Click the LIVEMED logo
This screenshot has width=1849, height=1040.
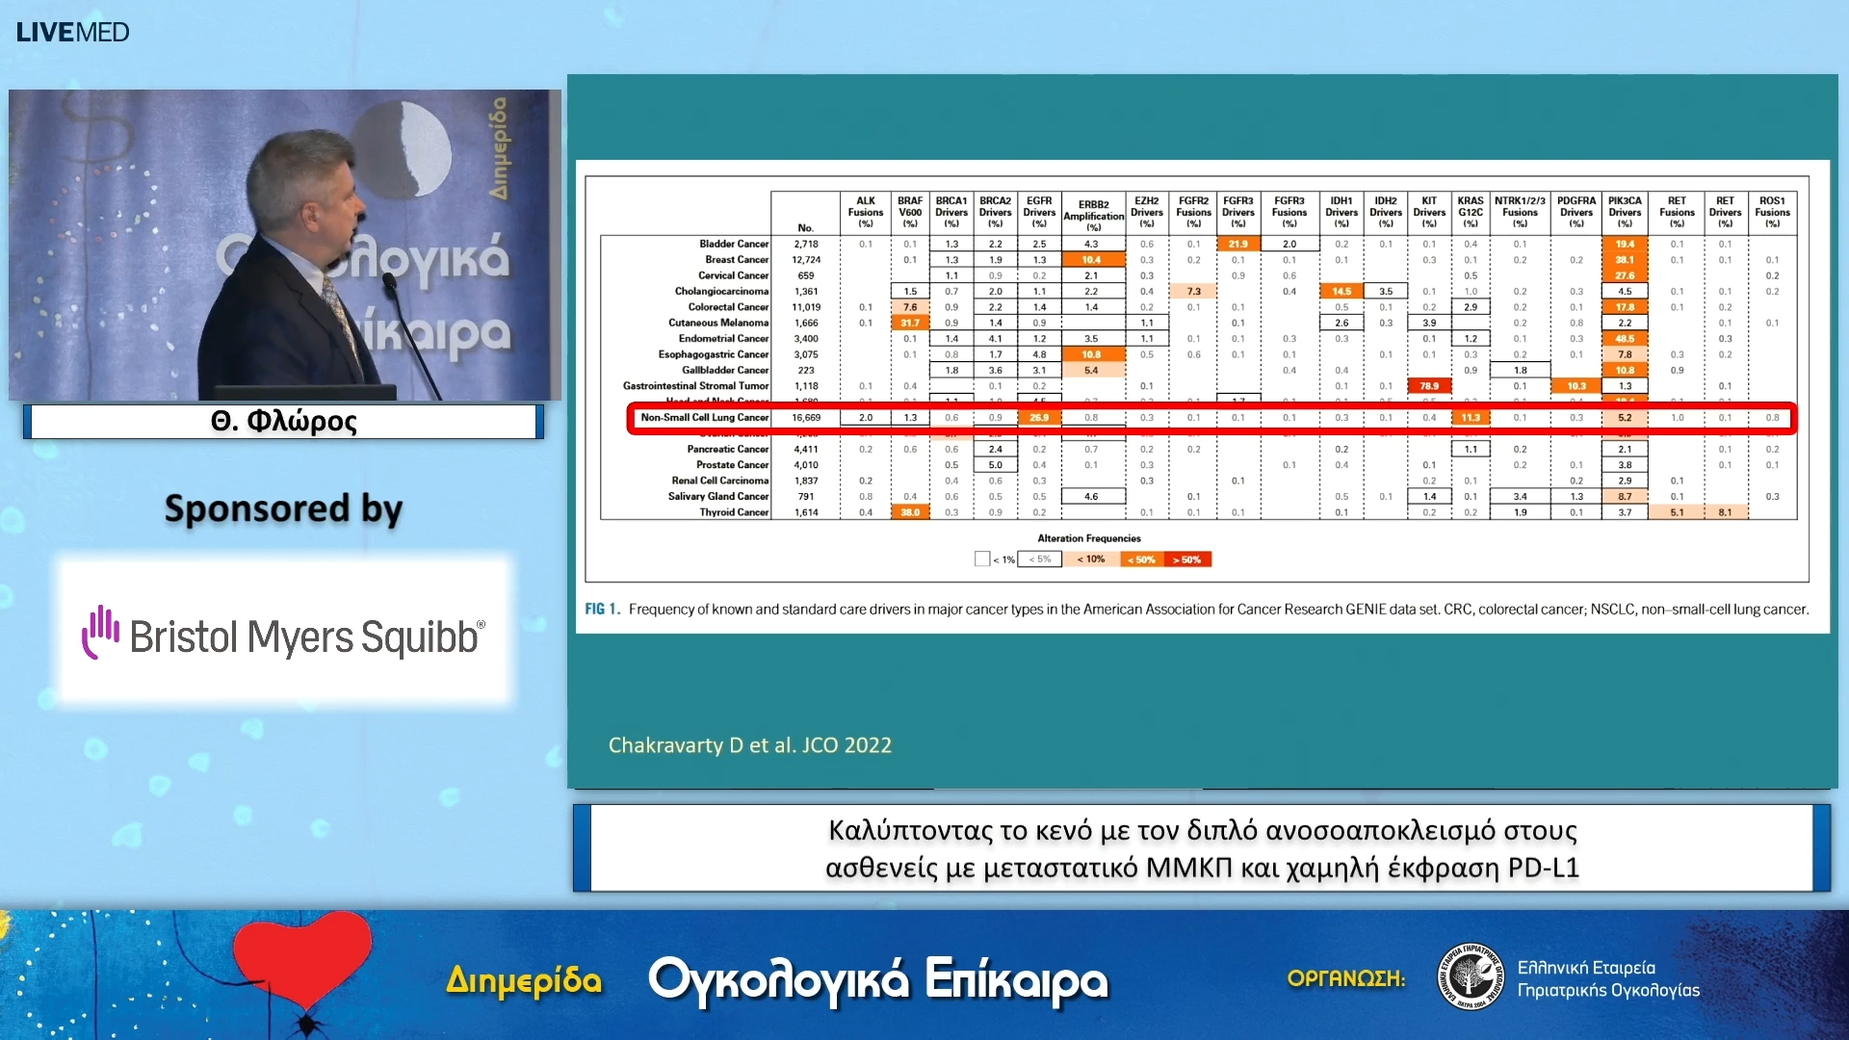(72, 32)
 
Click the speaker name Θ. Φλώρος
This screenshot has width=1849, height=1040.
(283, 421)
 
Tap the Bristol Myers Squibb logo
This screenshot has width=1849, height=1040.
(283, 636)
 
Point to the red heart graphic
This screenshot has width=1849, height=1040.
(301, 958)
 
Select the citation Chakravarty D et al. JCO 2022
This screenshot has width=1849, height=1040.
(749, 745)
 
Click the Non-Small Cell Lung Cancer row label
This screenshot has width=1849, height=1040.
(704, 418)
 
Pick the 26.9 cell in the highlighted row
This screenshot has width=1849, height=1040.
(1039, 418)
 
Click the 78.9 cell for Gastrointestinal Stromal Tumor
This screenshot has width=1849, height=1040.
(1429, 386)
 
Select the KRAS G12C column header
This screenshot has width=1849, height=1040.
(1470, 212)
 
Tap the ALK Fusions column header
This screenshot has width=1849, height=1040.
(865, 212)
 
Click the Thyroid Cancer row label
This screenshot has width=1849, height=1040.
(733, 512)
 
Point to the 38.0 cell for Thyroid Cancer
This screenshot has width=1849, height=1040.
(910, 512)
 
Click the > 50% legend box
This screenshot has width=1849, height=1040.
(1186, 559)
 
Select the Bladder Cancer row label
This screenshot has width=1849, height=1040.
(733, 244)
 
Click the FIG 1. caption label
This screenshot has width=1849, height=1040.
(602, 610)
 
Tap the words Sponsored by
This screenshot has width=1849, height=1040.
(283, 508)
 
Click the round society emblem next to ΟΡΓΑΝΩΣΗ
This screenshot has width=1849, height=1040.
(1470, 976)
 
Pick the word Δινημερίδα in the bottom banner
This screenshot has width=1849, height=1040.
(524, 980)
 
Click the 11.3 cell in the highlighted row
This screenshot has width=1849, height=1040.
(1470, 418)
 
